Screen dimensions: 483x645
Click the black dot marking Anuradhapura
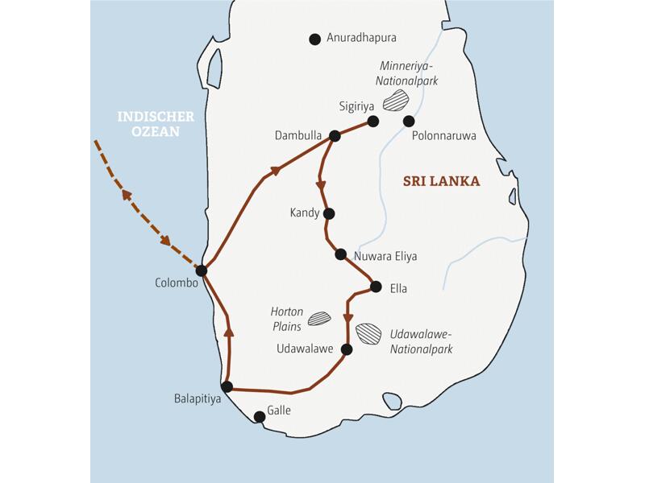click(x=314, y=38)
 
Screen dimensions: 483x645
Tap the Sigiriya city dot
click(x=373, y=122)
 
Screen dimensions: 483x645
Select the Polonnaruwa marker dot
click(x=409, y=122)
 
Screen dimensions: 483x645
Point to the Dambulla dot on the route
click(x=335, y=136)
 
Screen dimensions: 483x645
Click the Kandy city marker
click(x=327, y=213)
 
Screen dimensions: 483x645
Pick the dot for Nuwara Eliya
click(x=341, y=254)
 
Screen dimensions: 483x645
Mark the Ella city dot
click(x=376, y=286)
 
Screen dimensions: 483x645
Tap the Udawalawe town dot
click(x=347, y=349)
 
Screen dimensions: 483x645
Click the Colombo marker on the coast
click(x=202, y=270)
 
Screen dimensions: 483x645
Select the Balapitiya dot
click(x=227, y=386)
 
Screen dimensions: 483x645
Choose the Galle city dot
click(x=259, y=417)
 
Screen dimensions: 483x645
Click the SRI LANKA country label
click(x=441, y=182)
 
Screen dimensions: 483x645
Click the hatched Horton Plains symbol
click(x=319, y=318)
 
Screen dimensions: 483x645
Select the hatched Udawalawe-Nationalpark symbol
click(x=369, y=332)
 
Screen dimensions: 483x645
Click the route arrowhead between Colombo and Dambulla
click(x=277, y=170)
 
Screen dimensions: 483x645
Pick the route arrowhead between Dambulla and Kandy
click(x=321, y=185)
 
